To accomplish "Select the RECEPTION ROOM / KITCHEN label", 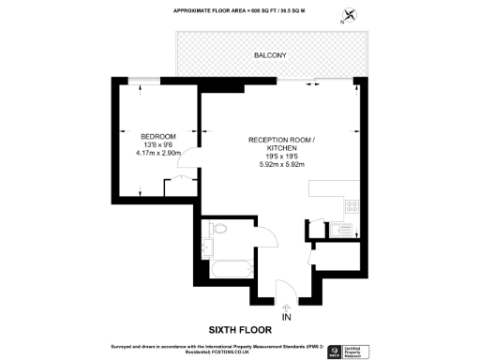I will (x=281, y=143).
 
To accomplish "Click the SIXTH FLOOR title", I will (x=240, y=329).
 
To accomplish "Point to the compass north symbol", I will (x=351, y=15).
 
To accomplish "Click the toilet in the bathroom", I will (x=217, y=229).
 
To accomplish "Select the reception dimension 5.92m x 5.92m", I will (x=281, y=165).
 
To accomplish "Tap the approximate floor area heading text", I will (x=240, y=11).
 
